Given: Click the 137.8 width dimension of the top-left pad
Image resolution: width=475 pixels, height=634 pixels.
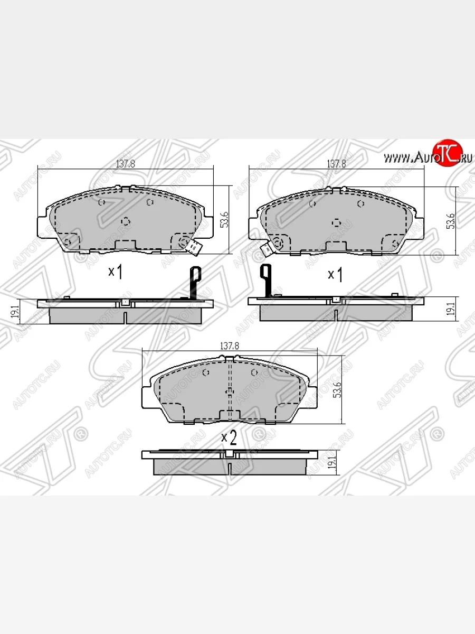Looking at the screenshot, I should click(126, 164).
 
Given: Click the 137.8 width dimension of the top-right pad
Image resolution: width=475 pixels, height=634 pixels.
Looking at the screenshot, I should click(336, 164).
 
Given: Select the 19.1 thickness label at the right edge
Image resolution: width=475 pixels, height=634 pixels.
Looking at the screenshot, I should click(450, 309).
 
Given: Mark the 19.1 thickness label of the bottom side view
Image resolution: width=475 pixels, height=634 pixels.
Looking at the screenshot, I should click(331, 463).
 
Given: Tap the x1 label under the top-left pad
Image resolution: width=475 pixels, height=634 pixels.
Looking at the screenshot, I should click(116, 272).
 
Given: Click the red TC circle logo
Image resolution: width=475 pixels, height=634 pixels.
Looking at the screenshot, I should click(447, 154).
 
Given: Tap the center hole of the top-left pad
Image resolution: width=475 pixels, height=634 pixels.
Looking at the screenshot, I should click(125, 220).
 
